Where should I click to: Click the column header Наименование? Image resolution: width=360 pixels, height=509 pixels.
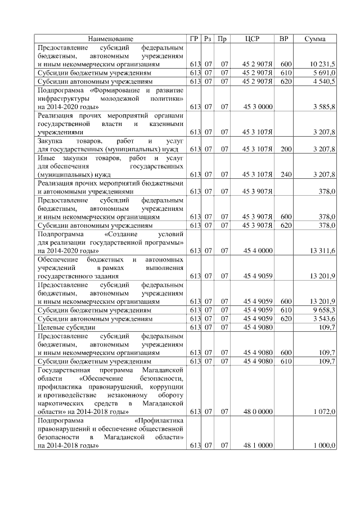coord(111,39)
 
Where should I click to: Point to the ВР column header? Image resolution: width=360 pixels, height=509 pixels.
coord(285,39)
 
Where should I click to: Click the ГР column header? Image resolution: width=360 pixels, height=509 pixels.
coord(195,39)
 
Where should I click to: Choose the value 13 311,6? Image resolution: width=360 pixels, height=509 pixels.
coord(322,250)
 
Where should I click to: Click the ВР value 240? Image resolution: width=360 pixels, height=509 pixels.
coord(286,174)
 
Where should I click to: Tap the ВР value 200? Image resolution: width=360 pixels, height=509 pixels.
coord(286,149)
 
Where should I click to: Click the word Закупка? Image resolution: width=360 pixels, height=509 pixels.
coord(50,141)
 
